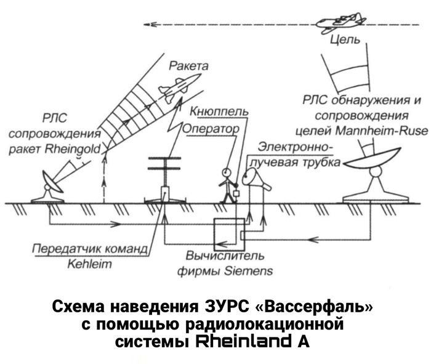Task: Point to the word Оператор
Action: click(211, 129)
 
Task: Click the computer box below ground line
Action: click(228, 233)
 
